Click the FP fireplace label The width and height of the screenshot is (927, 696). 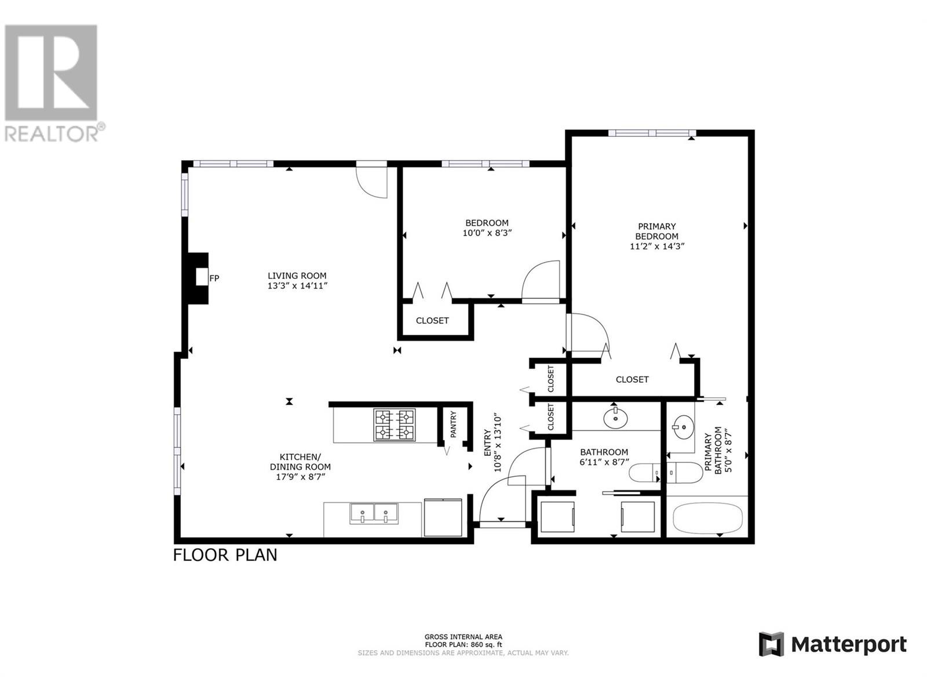click(214, 278)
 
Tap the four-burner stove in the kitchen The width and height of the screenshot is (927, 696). click(394, 425)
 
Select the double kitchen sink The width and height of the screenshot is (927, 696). click(374, 514)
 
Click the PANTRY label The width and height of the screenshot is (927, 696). click(453, 425)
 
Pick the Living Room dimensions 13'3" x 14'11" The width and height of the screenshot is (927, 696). click(297, 286)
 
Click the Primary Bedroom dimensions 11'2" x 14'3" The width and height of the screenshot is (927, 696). click(656, 246)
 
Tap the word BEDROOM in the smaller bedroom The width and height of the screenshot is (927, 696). click(487, 223)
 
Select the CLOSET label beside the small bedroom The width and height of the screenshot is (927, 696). click(432, 321)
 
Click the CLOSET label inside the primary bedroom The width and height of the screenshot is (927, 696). click(632, 379)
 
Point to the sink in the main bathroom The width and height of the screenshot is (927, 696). click(615, 418)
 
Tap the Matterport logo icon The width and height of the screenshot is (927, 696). click(771, 656)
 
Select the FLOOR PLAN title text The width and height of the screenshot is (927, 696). click(225, 555)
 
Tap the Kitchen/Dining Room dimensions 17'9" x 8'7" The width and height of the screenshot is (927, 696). click(300, 477)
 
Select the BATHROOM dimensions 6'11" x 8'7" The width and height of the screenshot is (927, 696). click(604, 462)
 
